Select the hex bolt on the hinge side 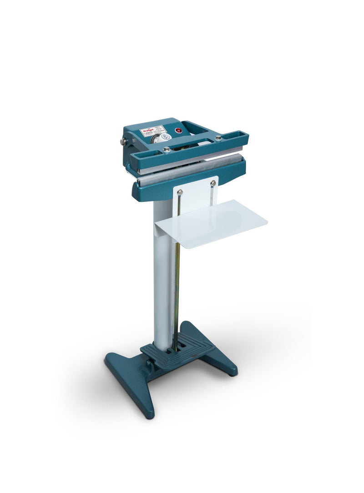[x=123, y=141]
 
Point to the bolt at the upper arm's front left [x=167, y=150]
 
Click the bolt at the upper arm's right [x=219, y=137]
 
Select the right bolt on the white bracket [x=213, y=183]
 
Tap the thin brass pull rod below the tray [x=177, y=291]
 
